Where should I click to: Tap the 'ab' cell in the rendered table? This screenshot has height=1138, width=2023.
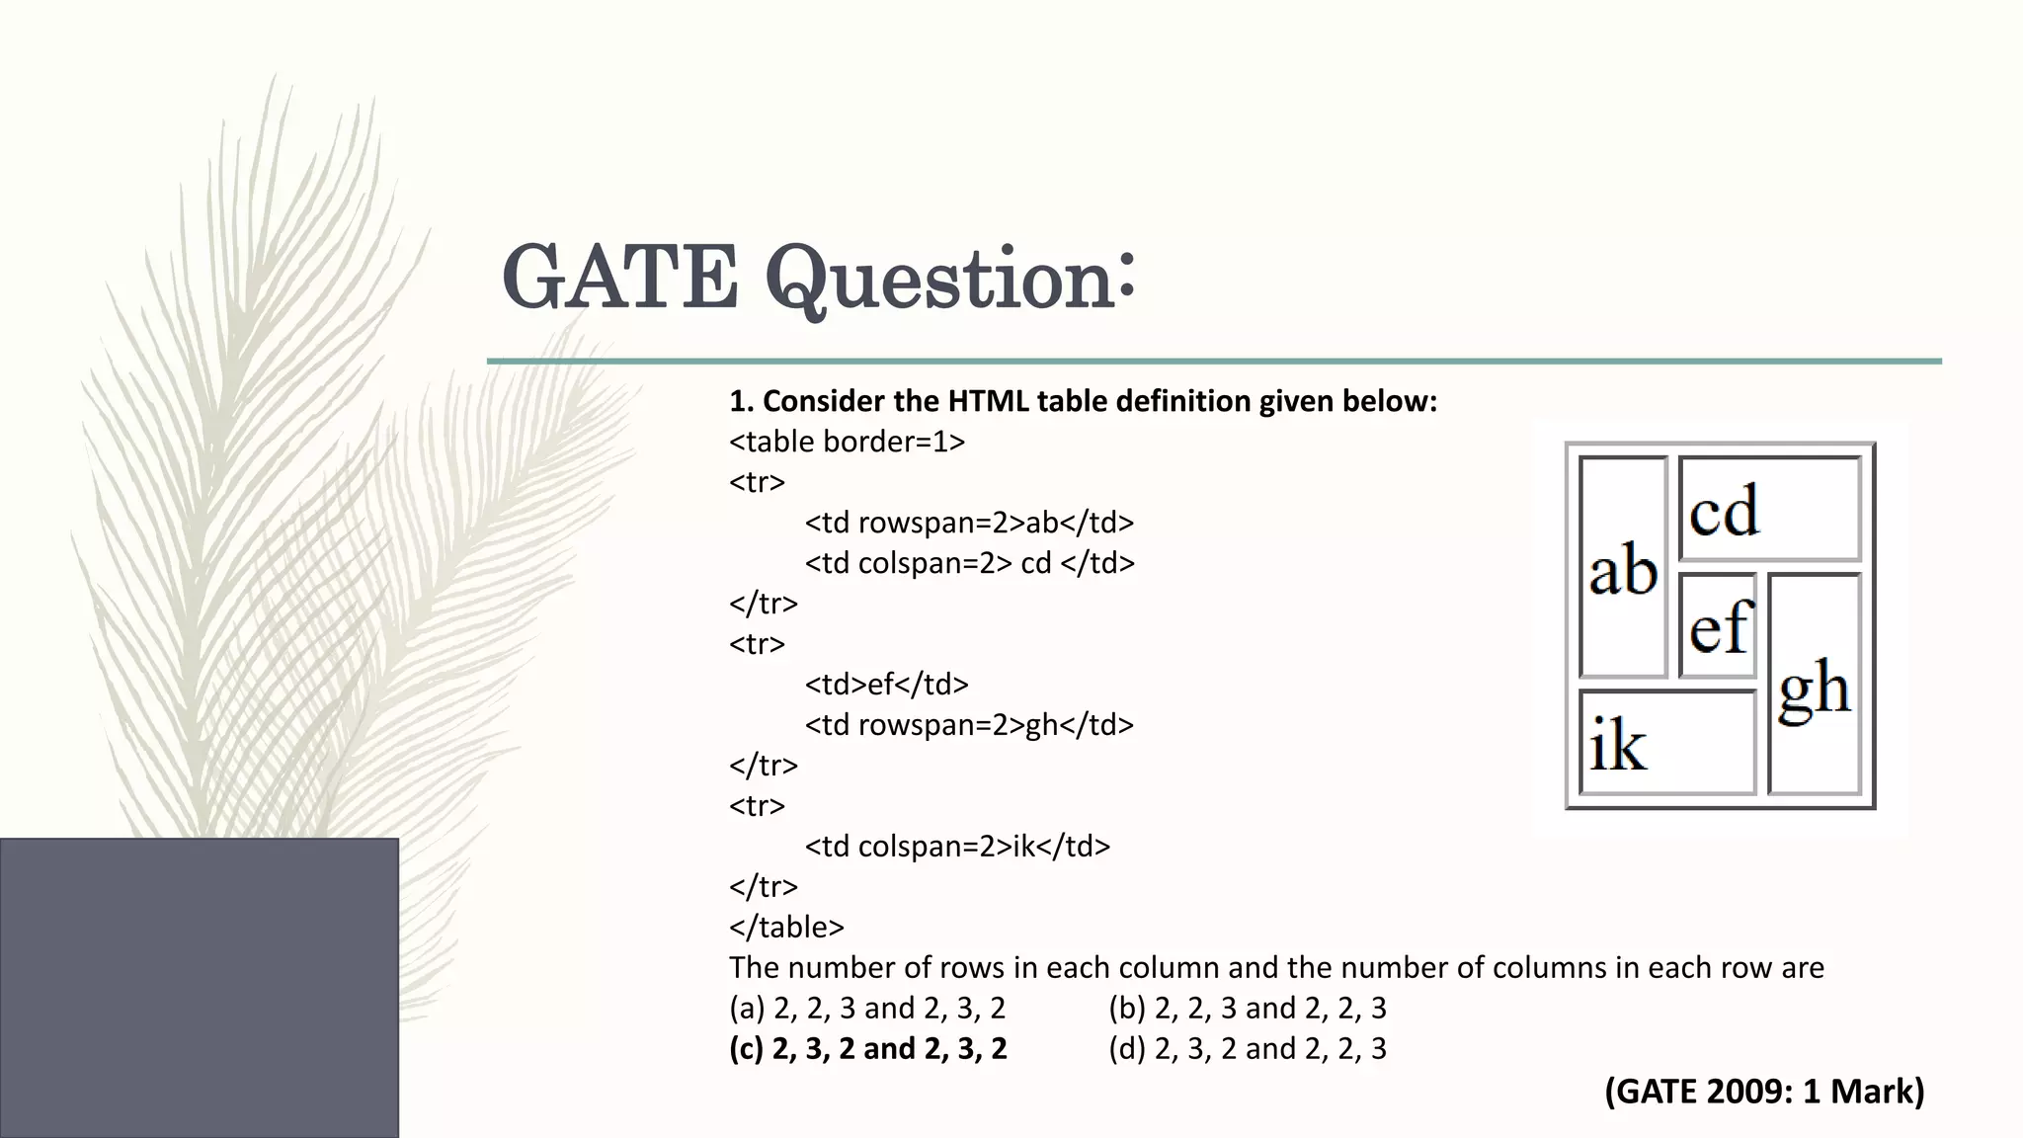1623,569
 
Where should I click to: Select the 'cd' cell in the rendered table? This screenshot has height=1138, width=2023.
1769,510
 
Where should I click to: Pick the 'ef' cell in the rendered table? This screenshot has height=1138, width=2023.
1719,626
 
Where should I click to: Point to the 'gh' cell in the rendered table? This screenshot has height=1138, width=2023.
1815,685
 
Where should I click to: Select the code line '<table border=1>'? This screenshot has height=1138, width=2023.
847,442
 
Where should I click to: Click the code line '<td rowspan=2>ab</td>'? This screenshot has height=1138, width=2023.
969,523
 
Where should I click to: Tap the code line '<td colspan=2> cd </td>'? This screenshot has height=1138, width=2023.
969,563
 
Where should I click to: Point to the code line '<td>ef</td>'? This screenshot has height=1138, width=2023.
886,685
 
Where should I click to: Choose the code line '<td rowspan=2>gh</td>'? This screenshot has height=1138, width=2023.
969,725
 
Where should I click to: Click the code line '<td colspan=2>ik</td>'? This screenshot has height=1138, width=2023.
957,847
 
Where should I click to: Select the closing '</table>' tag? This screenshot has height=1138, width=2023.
786,928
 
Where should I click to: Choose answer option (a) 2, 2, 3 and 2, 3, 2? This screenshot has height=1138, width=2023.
867,1009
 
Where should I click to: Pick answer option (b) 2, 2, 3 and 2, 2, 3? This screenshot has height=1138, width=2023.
1248,1009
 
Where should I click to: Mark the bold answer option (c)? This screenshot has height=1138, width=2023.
867,1049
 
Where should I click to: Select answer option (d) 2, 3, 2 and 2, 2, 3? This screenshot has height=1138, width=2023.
1248,1049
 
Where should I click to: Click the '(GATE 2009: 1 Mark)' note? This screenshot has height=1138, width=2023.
1764,1092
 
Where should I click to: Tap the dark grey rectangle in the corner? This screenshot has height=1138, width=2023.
199,988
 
